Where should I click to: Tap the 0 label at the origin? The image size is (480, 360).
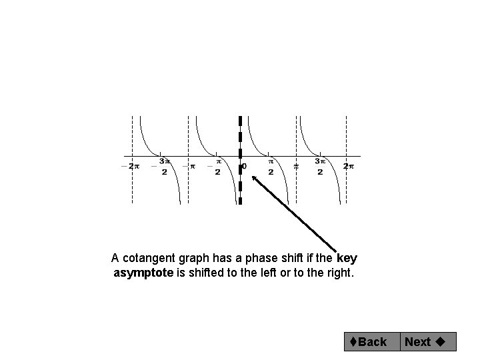(244, 165)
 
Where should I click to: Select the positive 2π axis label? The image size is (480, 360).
(348, 166)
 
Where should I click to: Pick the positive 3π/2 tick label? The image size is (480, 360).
(320, 166)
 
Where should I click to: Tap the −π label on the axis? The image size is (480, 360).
(190, 166)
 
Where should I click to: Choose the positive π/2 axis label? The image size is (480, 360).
(271, 166)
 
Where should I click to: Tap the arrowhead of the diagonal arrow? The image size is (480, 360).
(254, 178)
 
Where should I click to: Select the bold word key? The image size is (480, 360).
(347, 258)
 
